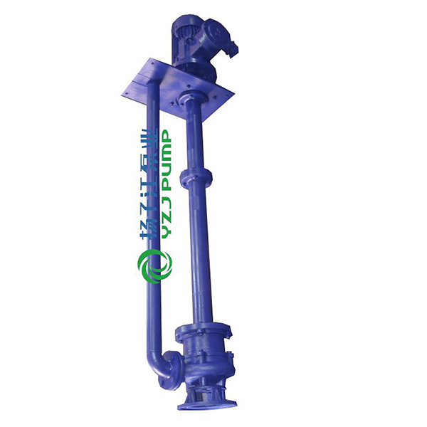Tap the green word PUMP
(x=165, y=160)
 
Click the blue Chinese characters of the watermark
(x=148, y=184)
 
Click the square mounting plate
(x=177, y=88)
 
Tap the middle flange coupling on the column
(x=196, y=177)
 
